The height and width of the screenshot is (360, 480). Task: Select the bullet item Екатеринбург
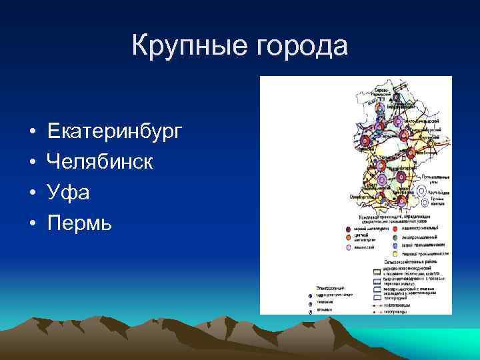click(114, 132)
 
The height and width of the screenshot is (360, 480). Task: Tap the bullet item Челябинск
click(100, 163)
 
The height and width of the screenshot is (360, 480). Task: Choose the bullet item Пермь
click(80, 224)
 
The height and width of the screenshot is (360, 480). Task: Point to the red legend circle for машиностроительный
click(395, 229)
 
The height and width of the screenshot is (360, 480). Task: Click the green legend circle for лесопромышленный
click(395, 237)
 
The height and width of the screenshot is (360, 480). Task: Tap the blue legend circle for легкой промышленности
click(395, 246)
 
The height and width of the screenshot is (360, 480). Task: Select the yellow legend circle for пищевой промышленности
click(395, 255)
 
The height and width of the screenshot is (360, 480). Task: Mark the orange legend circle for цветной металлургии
click(347, 237)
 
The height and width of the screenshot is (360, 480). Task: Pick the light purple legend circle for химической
click(347, 247)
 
